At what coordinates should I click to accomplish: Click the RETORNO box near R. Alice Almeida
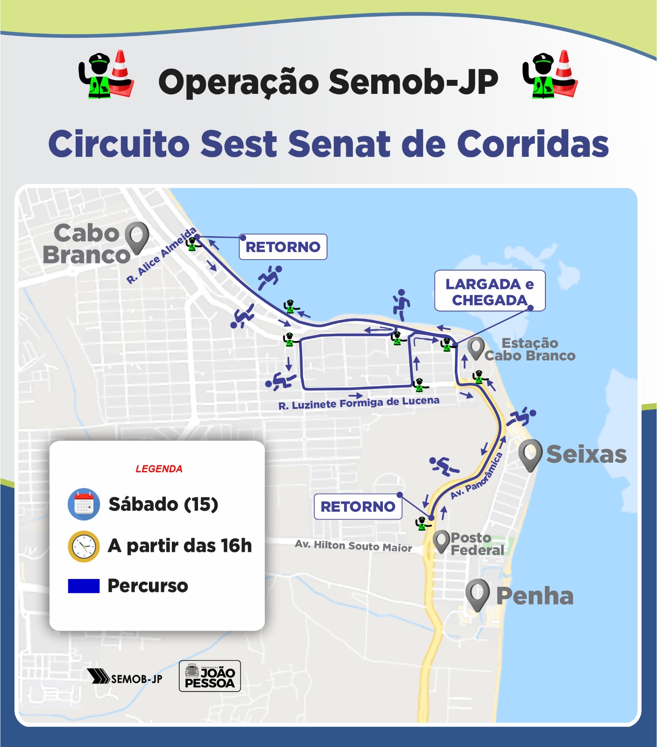(283, 247)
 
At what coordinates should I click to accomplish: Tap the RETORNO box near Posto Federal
(358, 507)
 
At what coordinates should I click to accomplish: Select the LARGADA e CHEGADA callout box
(489, 291)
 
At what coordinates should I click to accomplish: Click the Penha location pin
(477, 594)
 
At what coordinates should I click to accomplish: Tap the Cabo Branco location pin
(137, 237)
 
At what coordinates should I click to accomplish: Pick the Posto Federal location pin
(441, 541)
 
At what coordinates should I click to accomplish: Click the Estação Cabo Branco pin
(476, 348)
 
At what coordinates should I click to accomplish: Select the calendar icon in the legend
(84, 504)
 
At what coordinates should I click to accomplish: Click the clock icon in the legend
(84, 546)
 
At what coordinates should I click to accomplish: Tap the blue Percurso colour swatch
(84, 586)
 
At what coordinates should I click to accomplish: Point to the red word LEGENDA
(159, 469)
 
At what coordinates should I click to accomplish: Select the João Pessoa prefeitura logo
(210, 676)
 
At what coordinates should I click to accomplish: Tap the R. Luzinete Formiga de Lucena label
(359, 402)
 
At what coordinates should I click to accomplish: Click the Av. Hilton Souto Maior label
(353, 546)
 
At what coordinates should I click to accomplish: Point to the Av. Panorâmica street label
(477, 476)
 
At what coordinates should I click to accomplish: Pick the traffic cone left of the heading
(121, 74)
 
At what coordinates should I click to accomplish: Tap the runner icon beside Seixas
(521, 416)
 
